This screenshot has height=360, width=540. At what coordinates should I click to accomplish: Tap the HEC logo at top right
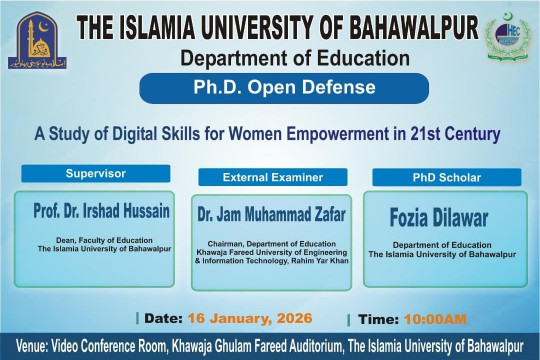pyautogui.click(x=508, y=38)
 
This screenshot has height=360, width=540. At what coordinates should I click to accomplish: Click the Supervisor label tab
pyautogui.click(x=96, y=173)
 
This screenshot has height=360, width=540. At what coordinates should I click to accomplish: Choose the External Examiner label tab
pyautogui.click(x=272, y=177)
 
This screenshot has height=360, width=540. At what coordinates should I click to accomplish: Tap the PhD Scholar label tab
pyautogui.click(x=446, y=177)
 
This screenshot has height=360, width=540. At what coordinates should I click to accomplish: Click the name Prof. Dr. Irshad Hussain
pyautogui.click(x=96, y=212)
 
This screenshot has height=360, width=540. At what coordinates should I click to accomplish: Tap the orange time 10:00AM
pyautogui.click(x=434, y=319)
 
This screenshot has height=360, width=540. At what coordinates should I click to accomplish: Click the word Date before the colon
pyautogui.click(x=162, y=318)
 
